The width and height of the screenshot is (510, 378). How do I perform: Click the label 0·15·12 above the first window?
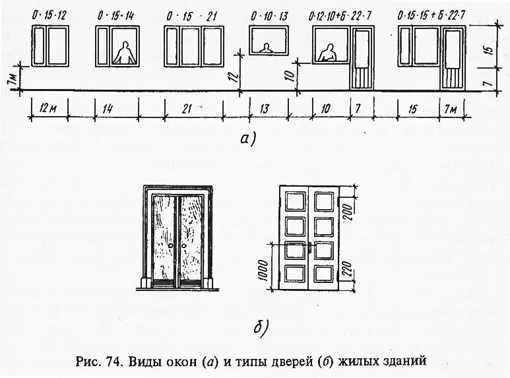point(49,15)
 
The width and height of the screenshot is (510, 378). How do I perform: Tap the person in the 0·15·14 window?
point(123,53)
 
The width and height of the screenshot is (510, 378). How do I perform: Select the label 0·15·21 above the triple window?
point(189,15)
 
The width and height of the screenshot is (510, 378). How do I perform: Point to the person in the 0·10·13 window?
point(265,49)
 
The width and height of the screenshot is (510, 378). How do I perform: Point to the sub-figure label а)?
point(246,139)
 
